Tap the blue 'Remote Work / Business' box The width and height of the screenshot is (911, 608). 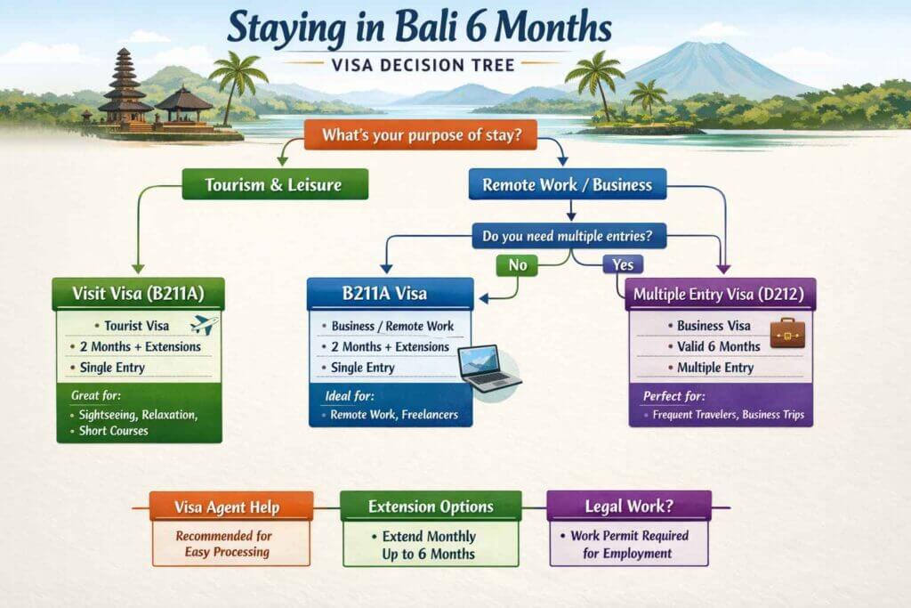567,184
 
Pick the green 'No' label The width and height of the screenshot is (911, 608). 516,263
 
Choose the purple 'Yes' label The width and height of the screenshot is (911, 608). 623,263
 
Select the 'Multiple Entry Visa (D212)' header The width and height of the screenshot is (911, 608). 721,292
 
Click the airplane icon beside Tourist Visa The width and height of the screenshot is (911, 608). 204,325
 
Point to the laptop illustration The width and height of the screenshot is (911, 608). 488,368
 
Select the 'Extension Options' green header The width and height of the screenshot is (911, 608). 430,507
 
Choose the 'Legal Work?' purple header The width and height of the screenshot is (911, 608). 628,507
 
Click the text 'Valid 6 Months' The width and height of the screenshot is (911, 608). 718,346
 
